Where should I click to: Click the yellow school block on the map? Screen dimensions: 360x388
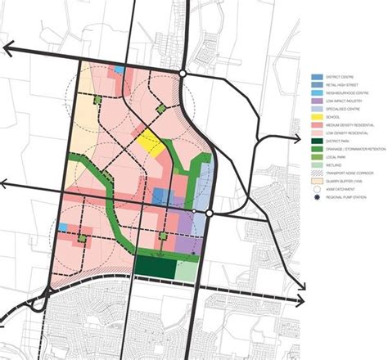pyautogui.click(x=151, y=142)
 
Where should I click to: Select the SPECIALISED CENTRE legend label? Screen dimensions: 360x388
pyautogui.click(x=343, y=116)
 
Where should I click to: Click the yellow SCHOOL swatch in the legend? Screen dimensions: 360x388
pyautogui.click(x=315, y=124)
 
